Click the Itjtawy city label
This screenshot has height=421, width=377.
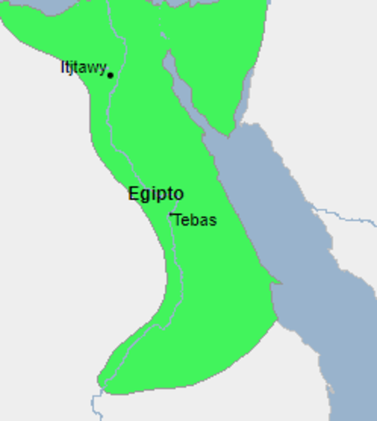pyautogui.click(x=83, y=68)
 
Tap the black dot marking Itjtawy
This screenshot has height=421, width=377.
pyautogui.click(x=110, y=75)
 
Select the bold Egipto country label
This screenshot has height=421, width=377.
pyautogui.click(x=156, y=194)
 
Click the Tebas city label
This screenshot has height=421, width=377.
pyautogui.click(x=195, y=220)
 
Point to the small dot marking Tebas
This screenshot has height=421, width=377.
pyautogui.click(x=171, y=214)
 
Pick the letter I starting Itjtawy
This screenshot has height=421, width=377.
pyautogui.click(x=63, y=68)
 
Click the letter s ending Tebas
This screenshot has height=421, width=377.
pyautogui.click(x=212, y=221)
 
